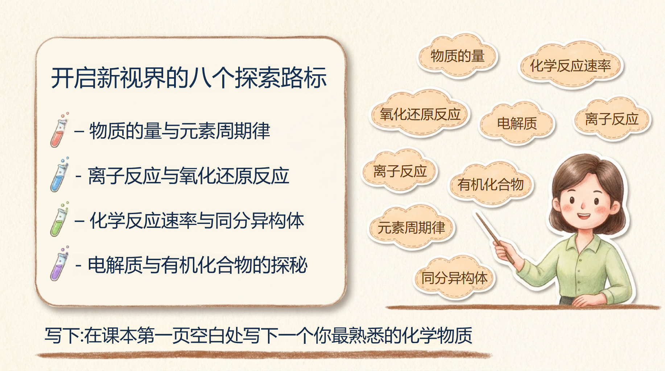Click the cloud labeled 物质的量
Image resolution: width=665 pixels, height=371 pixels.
[458, 56]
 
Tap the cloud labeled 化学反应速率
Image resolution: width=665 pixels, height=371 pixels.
[570, 66]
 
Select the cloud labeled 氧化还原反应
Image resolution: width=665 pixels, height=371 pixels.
[420, 114]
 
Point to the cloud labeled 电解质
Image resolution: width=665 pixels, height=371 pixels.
[517, 124]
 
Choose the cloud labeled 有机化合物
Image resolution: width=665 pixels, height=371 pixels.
[490, 184]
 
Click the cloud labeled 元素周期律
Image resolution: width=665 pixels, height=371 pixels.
[411, 228]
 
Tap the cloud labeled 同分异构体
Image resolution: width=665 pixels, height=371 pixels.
[454, 278]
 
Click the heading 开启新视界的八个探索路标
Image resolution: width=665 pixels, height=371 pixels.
[189, 78]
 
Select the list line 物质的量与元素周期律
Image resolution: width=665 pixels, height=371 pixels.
[172, 131]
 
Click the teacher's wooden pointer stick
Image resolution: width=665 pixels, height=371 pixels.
[495, 238]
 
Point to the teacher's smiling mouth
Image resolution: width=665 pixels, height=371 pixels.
[583, 216]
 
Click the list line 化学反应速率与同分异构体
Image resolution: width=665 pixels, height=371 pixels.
[189, 220]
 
